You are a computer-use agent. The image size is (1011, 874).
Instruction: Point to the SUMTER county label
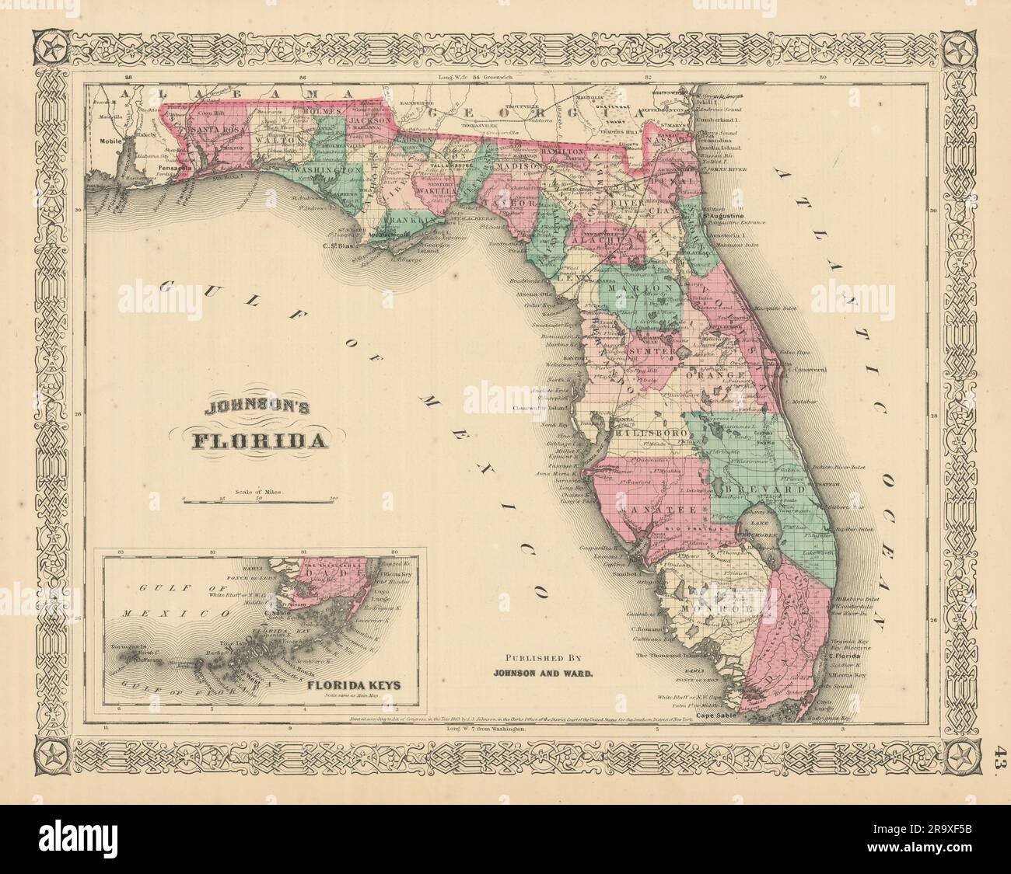[x=654, y=352]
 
